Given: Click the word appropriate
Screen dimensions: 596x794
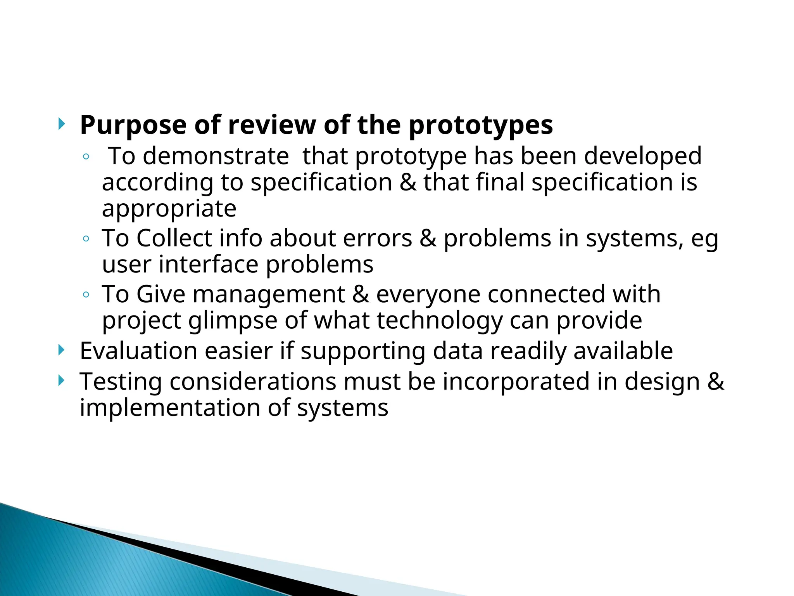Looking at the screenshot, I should [169, 210].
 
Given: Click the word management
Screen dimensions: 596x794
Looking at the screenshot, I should [269, 295].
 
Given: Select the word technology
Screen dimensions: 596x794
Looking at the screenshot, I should [439, 321].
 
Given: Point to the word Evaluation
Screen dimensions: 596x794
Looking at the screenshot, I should [138, 351].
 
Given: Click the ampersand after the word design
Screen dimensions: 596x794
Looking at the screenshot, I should [716, 382].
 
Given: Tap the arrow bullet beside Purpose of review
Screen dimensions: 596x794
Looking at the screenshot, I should [61, 125].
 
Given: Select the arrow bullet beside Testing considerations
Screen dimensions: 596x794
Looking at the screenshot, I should [61, 381].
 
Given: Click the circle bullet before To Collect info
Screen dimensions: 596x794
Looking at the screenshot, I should [86, 239].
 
